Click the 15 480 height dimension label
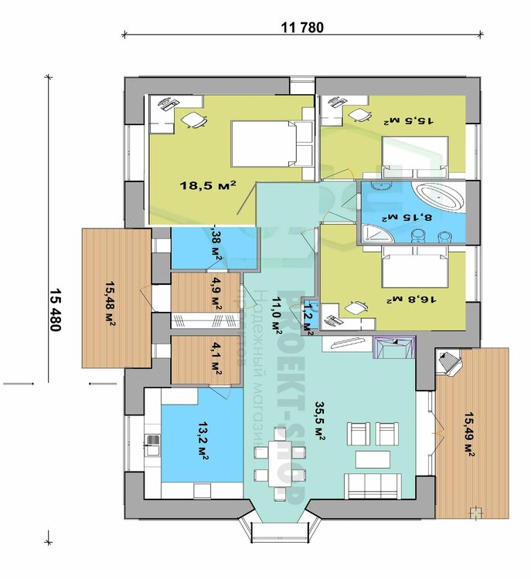click(x=55, y=309)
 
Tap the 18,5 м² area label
click(x=207, y=185)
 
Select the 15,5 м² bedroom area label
click(x=409, y=120)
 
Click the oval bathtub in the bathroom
click(x=437, y=197)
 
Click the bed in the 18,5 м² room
click(x=263, y=144)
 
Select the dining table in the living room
click(x=278, y=463)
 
